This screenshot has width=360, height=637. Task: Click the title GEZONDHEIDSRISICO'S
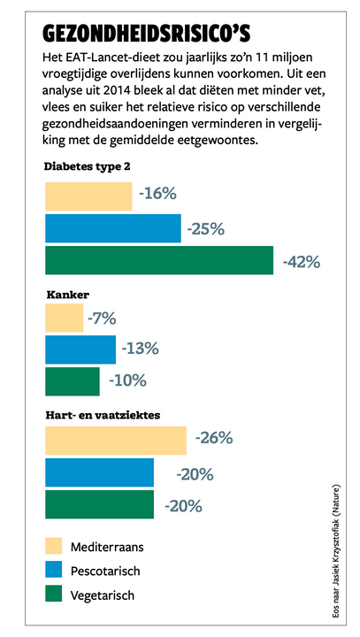tap(146, 35)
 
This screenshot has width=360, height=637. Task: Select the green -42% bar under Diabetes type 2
tap(159, 260)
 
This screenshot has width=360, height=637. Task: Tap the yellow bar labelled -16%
tap(88, 196)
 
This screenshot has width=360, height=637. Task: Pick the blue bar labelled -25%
tap(113, 228)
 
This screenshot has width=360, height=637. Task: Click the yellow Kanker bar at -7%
tap(65, 318)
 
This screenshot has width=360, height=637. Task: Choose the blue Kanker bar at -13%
tap(80, 349)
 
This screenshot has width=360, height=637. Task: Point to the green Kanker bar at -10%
tap(73, 381)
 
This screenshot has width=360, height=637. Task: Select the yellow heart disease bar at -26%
tap(116, 441)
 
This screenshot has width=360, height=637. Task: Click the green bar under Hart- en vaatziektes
tap(100, 504)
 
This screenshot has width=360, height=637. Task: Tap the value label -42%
tap(302, 262)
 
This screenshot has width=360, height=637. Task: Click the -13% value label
tap(140, 349)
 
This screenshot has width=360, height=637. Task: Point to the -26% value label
tap(214, 438)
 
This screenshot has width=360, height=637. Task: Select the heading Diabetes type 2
tap(88, 167)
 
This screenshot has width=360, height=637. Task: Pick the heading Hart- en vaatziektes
tap(103, 416)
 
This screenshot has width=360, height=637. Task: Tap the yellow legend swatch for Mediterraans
tap(54, 547)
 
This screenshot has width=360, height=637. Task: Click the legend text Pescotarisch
tap(105, 571)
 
